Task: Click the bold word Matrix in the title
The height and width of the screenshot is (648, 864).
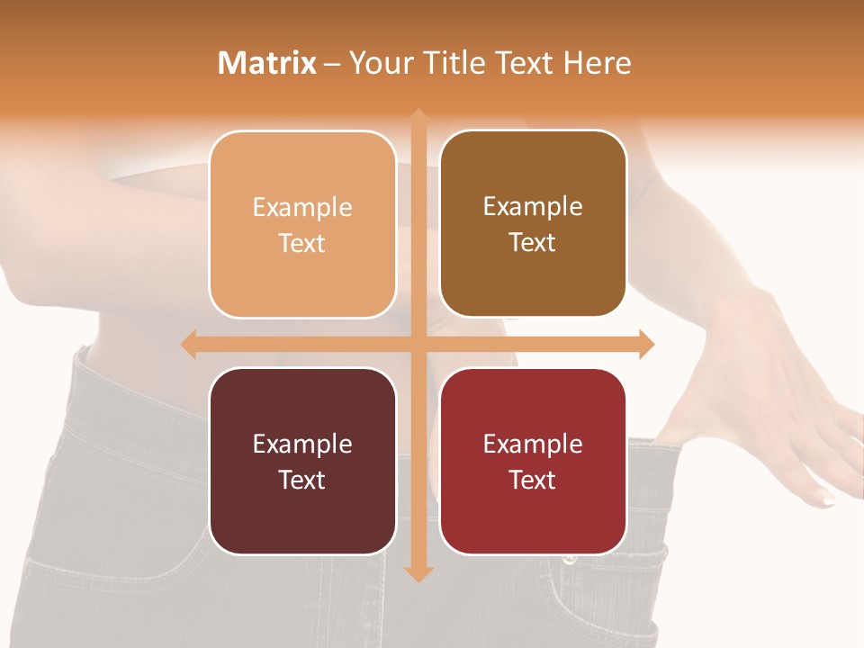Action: click(x=266, y=63)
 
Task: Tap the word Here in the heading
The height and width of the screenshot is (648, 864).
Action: click(x=597, y=63)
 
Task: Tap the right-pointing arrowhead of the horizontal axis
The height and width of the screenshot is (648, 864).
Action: click(x=646, y=344)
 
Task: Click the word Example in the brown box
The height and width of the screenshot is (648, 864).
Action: click(x=533, y=207)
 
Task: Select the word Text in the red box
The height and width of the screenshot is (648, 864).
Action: click(x=533, y=480)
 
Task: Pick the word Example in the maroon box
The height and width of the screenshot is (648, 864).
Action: click(x=302, y=444)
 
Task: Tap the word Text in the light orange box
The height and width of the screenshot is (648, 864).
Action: click(x=302, y=243)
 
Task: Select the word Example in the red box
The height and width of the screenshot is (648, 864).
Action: click(x=533, y=444)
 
